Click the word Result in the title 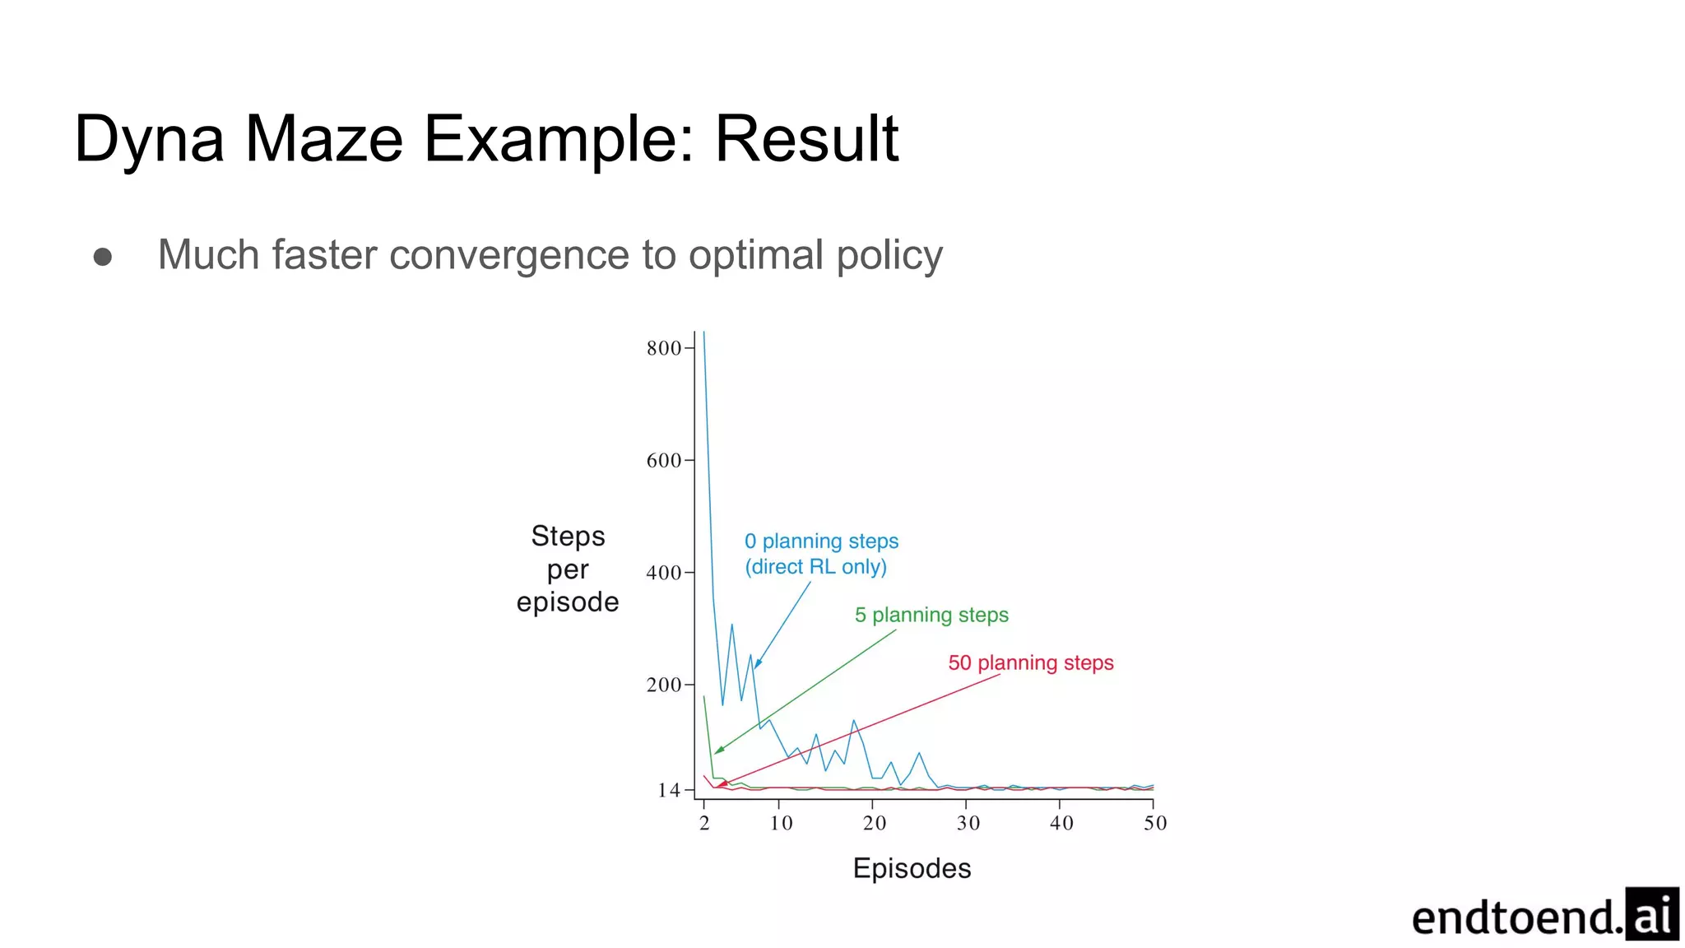[x=806, y=138]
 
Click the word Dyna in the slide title [x=148, y=140]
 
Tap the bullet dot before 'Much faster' [x=103, y=257]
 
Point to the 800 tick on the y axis [x=664, y=348]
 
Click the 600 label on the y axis [x=664, y=461]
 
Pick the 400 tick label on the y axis [x=664, y=573]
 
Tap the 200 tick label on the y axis [x=664, y=685]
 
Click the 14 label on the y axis [x=669, y=791]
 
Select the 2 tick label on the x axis [x=704, y=823]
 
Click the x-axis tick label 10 [x=781, y=823]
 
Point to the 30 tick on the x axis [x=968, y=823]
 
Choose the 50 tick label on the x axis [x=1155, y=823]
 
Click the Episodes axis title [x=912, y=869]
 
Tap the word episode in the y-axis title [x=568, y=602]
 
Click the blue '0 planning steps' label [x=821, y=541]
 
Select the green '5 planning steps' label [x=931, y=615]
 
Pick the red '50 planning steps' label [x=1030, y=662]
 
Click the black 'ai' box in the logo [x=1651, y=913]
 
